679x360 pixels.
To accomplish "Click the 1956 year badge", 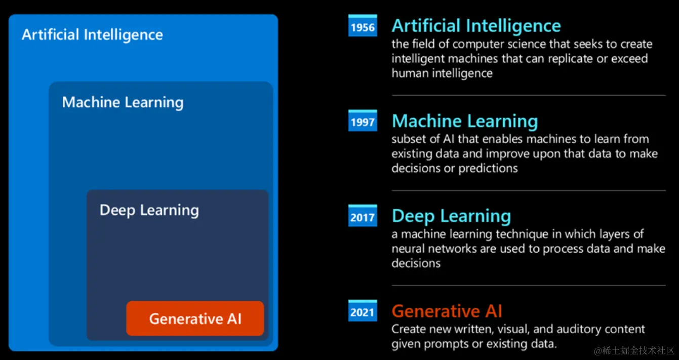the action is point(363,25).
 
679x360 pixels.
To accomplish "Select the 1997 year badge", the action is point(363,121).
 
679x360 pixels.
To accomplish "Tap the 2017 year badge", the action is point(363,216).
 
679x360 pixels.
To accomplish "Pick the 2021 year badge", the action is point(363,310).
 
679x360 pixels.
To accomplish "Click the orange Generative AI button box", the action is point(195,318).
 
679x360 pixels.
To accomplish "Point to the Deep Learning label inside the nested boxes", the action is point(149,210).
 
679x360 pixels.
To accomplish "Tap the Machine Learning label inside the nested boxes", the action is point(123,102).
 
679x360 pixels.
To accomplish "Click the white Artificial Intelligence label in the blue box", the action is point(93,34).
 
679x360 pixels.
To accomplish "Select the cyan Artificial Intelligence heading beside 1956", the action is point(476,26).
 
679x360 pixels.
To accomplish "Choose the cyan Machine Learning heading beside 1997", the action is point(465,121).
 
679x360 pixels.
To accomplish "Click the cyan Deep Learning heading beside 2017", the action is point(451,216).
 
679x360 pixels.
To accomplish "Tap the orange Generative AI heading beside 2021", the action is point(447,311).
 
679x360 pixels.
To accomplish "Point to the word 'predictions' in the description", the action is point(488,169).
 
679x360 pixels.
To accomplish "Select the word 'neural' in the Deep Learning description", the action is point(408,249).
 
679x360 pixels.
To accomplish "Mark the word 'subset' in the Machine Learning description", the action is point(409,139).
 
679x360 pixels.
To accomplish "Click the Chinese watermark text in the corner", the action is point(634,350).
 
